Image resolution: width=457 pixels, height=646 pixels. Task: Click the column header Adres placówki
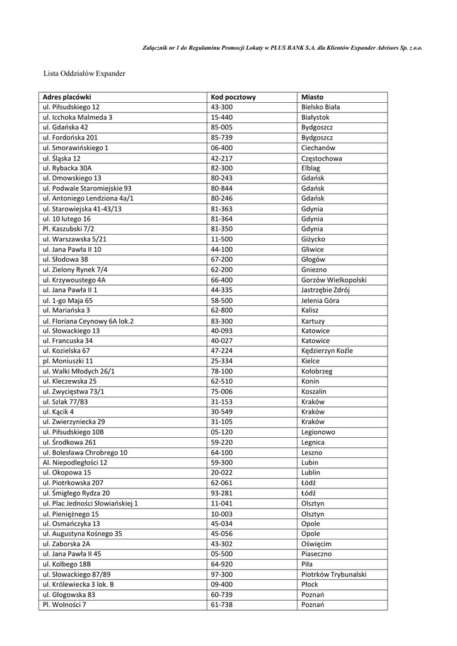67,97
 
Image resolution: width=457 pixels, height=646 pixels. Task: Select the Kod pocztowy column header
233,97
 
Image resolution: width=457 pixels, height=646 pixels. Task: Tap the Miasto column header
313,97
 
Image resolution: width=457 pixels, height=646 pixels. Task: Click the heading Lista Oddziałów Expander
84,74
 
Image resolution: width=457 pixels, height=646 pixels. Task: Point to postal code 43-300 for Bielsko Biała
222,107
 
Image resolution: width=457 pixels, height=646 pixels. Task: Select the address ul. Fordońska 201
70,138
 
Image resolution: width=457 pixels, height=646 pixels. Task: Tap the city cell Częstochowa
322,158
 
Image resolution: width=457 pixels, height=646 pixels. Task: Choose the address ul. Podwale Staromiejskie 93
87,189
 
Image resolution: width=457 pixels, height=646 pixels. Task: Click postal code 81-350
222,229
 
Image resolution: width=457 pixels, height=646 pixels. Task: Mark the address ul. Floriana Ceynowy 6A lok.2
88,321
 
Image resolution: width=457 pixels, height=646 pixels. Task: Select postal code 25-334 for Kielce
222,361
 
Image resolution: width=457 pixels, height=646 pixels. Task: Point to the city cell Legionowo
319,433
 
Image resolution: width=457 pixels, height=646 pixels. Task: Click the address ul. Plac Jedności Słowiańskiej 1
90,503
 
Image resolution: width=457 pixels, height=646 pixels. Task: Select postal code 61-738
222,605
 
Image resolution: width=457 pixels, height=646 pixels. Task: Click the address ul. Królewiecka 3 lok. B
78,585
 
